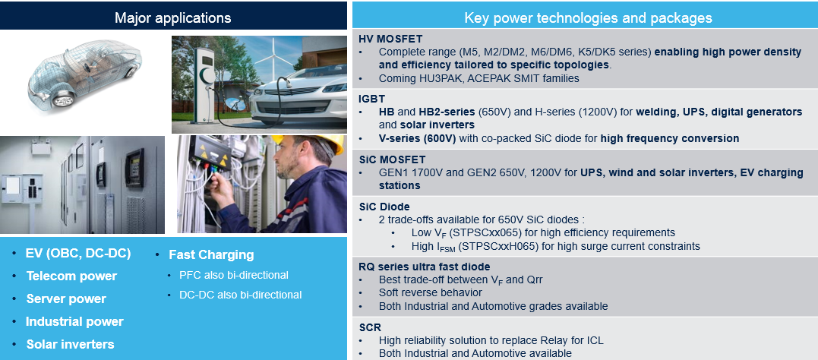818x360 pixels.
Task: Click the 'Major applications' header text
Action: pyautogui.click(x=172, y=17)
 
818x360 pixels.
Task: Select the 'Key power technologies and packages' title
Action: pyautogui.click(x=588, y=18)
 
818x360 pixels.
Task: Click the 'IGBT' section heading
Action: pyautogui.click(x=371, y=98)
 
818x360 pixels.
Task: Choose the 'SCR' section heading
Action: pyautogui.click(x=370, y=327)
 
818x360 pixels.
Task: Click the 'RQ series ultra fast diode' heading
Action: pyautogui.click(x=424, y=267)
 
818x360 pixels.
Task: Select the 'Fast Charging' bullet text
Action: pyautogui.click(x=211, y=254)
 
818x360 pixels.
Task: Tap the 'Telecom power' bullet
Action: pyautogui.click(x=71, y=276)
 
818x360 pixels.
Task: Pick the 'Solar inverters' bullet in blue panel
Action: pyautogui.click(x=70, y=344)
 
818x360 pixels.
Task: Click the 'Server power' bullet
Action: pyautogui.click(x=66, y=299)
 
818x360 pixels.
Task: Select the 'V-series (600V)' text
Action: pyautogui.click(x=418, y=138)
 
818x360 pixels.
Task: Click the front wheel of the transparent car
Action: pyautogui.click(x=62, y=97)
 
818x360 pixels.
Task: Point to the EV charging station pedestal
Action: pyautogui.click(x=205, y=84)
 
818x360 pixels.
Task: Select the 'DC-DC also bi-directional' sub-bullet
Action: pyautogui.click(x=241, y=295)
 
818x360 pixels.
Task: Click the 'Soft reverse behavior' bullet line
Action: pyautogui.click(x=431, y=292)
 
